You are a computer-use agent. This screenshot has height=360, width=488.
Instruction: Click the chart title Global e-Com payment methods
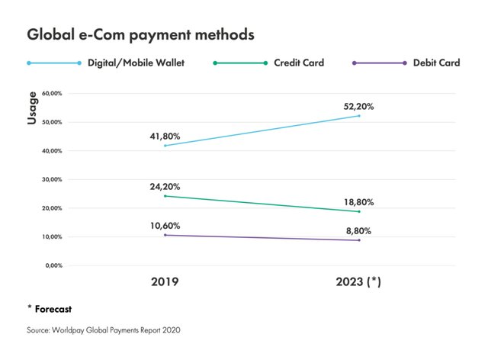(140, 35)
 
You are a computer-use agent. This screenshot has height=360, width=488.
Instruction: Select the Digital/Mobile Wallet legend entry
(105, 63)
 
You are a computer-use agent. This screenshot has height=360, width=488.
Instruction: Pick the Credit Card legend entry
(268, 63)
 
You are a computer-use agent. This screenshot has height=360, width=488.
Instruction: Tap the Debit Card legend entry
(406, 63)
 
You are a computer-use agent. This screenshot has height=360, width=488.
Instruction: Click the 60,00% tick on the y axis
(52, 93)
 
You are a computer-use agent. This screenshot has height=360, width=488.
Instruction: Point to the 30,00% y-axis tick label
(52, 179)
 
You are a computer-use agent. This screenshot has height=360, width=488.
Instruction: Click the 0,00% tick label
(54, 265)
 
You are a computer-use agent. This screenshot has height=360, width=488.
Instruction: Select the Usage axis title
(32, 108)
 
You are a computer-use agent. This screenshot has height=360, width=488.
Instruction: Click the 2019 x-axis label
(165, 282)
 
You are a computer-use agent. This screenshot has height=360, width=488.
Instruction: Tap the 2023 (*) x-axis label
(358, 282)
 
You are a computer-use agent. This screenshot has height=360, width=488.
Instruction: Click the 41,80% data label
(165, 137)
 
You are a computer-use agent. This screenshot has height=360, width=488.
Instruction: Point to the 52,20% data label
(358, 107)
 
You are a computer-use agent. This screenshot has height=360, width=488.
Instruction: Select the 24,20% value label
(165, 187)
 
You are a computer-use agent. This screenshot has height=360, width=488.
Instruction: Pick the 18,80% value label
(358, 202)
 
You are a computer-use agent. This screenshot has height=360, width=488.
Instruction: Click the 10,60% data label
(165, 226)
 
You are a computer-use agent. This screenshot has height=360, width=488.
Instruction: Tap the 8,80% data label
(358, 231)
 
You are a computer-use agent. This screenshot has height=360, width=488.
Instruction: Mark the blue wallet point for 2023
(359, 116)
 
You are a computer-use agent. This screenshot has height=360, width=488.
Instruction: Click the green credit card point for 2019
(165, 196)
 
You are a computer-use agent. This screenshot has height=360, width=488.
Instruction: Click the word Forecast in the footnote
(53, 309)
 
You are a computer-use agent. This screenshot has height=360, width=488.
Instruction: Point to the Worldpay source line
(104, 330)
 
